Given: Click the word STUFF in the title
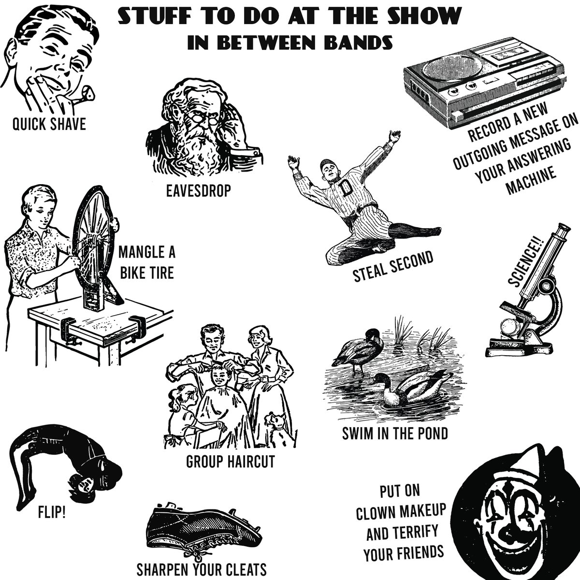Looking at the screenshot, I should coord(145,17).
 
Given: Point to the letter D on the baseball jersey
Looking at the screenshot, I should coord(346,190).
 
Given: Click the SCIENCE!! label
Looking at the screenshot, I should coord(527,264).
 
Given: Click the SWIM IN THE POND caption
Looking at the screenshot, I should coord(394,433).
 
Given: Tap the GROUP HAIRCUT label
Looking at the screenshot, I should coord(230,462).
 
